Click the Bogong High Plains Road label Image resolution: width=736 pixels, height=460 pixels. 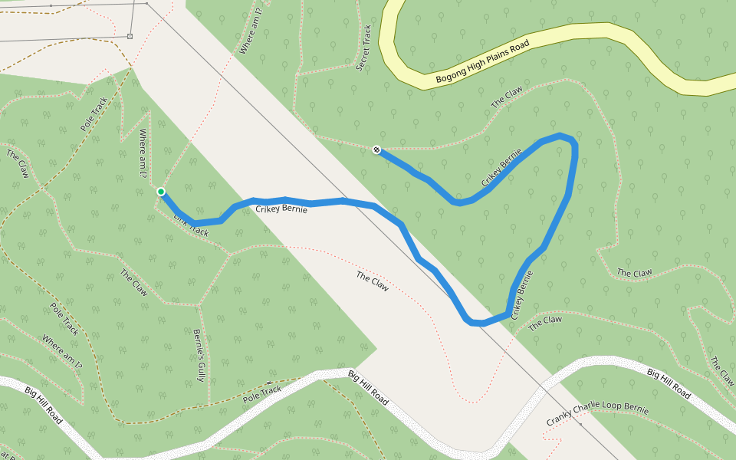tap(483, 63)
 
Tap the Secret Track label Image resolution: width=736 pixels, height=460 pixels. tap(365, 48)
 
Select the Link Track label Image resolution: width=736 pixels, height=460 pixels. tap(190, 225)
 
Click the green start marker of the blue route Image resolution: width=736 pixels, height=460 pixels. tap(161, 192)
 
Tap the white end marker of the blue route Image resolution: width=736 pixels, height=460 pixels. tap(376, 149)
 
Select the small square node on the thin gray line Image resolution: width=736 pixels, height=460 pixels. tap(130, 36)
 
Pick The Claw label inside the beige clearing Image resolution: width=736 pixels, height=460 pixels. tap(372, 281)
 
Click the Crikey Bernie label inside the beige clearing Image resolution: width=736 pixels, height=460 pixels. tap(281, 208)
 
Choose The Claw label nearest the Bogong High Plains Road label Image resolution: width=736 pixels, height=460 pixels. tap(507, 97)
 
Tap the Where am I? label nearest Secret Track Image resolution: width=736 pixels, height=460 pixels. tap(251, 31)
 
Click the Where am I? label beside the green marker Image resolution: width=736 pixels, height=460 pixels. tap(142, 153)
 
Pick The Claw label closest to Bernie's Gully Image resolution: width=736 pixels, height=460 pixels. tap(133, 282)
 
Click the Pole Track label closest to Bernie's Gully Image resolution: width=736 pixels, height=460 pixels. tap(262, 394)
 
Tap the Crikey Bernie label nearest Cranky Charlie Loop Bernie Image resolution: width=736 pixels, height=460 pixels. tap(521, 294)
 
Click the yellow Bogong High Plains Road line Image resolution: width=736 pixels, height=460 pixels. tap(613, 31)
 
